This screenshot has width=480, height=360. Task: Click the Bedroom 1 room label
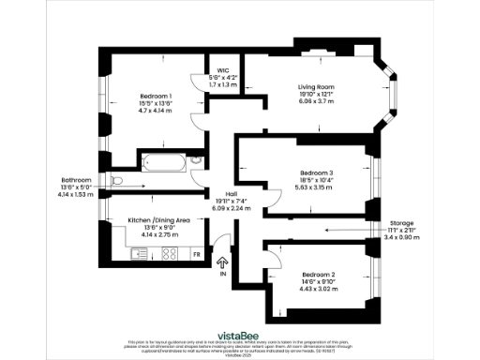pyautogui.click(x=156, y=97)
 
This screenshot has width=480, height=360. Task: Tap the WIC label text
pyautogui.click(x=223, y=70)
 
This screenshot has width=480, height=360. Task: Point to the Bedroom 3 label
pyautogui.click(x=317, y=172)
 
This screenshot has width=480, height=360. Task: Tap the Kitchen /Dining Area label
pyautogui.click(x=159, y=219)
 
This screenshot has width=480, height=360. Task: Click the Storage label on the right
pyautogui.click(x=402, y=224)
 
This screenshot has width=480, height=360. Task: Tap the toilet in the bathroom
pyautogui.click(x=117, y=181)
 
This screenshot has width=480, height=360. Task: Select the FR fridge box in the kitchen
pyautogui.click(x=197, y=254)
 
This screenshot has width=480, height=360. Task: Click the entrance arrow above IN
pyautogui.click(x=222, y=264)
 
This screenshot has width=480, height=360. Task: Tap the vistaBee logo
pyautogui.click(x=240, y=332)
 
